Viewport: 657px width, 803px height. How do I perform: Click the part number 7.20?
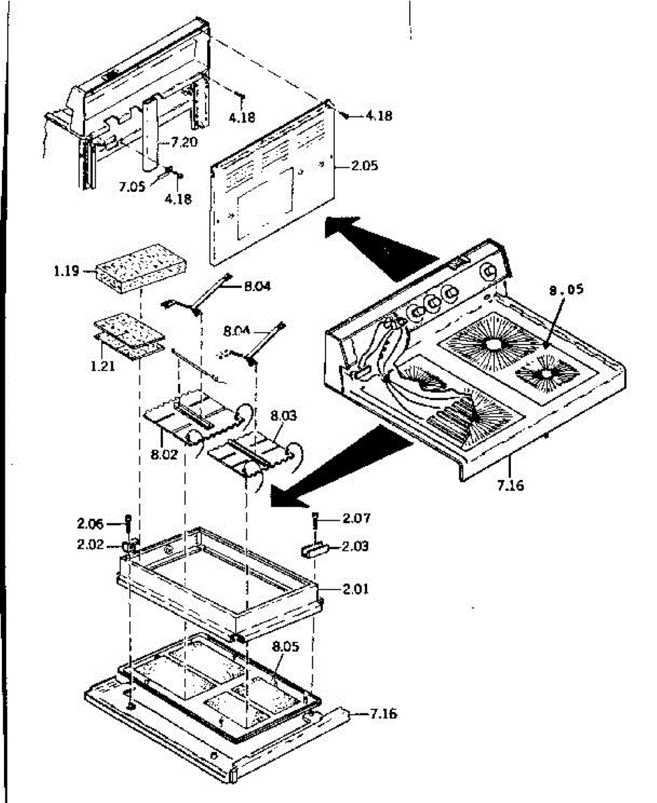(185, 143)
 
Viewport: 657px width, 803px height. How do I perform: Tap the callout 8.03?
(282, 416)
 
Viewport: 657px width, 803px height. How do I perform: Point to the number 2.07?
(356, 518)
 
